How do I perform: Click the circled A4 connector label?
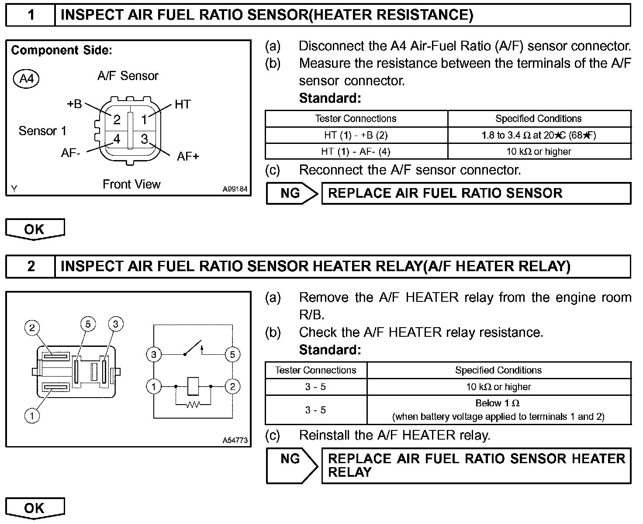27,79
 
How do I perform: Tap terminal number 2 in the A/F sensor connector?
117,119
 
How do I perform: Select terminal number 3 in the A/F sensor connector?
144,139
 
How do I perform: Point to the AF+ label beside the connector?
188,157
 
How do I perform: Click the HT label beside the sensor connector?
183,104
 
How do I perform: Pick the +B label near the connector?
74,104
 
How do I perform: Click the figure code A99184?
235,189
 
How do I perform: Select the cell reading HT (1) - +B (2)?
356,135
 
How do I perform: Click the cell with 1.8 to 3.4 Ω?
539,135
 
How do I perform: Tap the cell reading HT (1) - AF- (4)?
356,151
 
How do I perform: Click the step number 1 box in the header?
31,15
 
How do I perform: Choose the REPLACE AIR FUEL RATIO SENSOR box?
476,193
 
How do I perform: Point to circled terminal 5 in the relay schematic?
232,354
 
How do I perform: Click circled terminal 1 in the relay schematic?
154,387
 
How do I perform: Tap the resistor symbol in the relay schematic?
193,405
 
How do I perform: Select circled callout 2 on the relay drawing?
32,328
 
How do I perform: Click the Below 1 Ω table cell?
498,409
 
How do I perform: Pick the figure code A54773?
235,440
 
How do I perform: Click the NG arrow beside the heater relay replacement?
291,465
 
